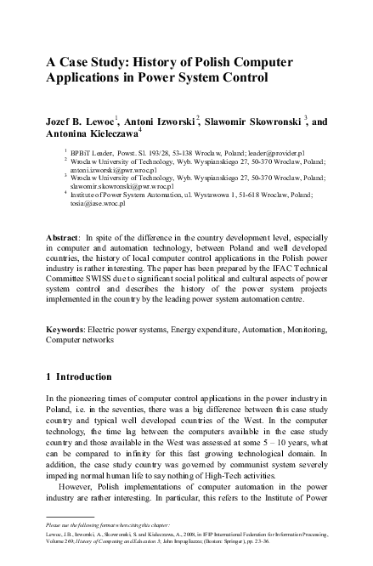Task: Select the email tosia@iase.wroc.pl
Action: point(99,204)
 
